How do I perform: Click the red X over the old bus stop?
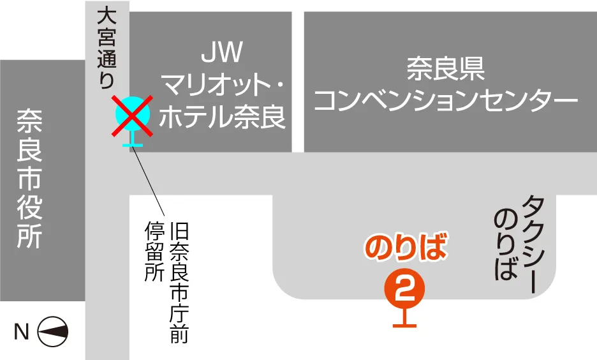(x=132, y=116)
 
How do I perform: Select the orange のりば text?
(x=405, y=248)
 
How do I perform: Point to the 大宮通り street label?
(x=107, y=49)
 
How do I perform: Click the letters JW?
(x=221, y=52)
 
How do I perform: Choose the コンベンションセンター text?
(x=446, y=100)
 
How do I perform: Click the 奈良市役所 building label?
(x=29, y=179)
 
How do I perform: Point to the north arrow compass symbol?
(x=53, y=331)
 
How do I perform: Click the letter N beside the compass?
(x=21, y=331)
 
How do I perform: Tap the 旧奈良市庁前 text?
(x=179, y=282)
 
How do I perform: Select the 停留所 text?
(x=155, y=251)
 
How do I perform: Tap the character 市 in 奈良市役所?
(x=29, y=179)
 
